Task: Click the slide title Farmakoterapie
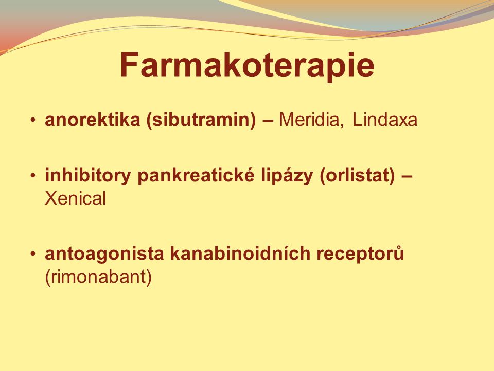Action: click(x=247, y=65)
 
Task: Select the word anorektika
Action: click(x=93, y=120)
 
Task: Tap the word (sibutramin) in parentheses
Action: click(x=201, y=120)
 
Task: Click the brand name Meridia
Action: click(x=308, y=120)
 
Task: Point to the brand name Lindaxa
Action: click(x=385, y=120)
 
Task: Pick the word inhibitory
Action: click(x=87, y=175)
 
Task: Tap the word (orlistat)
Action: click(x=357, y=176)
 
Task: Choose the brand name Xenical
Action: click(x=75, y=198)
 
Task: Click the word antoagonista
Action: click(x=104, y=254)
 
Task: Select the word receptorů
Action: click(x=360, y=254)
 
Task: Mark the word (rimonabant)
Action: click(x=98, y=277)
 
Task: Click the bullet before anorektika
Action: click(x=33, y=120)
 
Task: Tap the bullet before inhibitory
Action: click(x=33, y=175)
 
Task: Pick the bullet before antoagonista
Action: click(x=33, y=254)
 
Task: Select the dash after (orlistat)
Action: click(x=407, y=177)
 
